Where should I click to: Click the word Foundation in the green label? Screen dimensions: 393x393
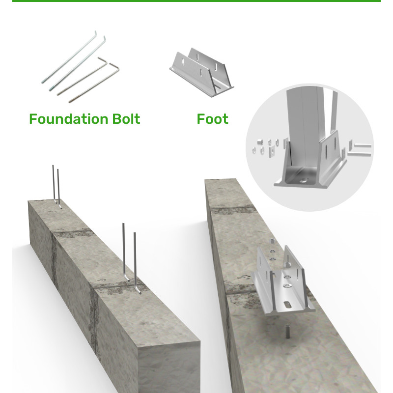pyautogui.click(x=69, y=119)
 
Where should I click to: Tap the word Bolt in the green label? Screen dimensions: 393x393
pyautogui.click(x=126, y=119)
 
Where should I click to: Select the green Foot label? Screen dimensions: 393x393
pyautogui.click(x=213, y=119)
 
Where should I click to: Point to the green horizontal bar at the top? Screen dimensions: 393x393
pyautogui.click(x=196, y=1)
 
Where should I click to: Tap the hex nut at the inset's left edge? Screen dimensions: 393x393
pyautogui.click(x=260, y=142)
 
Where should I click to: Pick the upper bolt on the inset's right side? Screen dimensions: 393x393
pyautogui.click(x=361, y=145)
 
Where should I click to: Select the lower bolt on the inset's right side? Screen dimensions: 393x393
pyautogui.click(x=359, y=153)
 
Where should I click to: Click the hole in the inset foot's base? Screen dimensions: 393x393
pyautogui.click(x=304, y=180)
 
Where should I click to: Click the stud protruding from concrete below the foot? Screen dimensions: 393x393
pyautogui.click(x=288, y=331)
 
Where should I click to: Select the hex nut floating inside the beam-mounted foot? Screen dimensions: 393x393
pyautogui.click(x=287, y=264)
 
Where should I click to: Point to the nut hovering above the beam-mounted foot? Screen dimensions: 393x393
pyautogui.click(x=273, y=241)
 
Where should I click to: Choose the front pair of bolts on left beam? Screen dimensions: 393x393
pyautogui.click(x=132, y=258)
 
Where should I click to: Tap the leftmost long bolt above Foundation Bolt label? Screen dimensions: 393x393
pyautogui.click(x=69, y=57)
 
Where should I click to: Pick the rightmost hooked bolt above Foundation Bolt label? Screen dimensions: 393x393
pyautogui.click(x=94, y=83)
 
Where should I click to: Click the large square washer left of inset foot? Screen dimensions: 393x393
pyautogui.click(x=272, y=152)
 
